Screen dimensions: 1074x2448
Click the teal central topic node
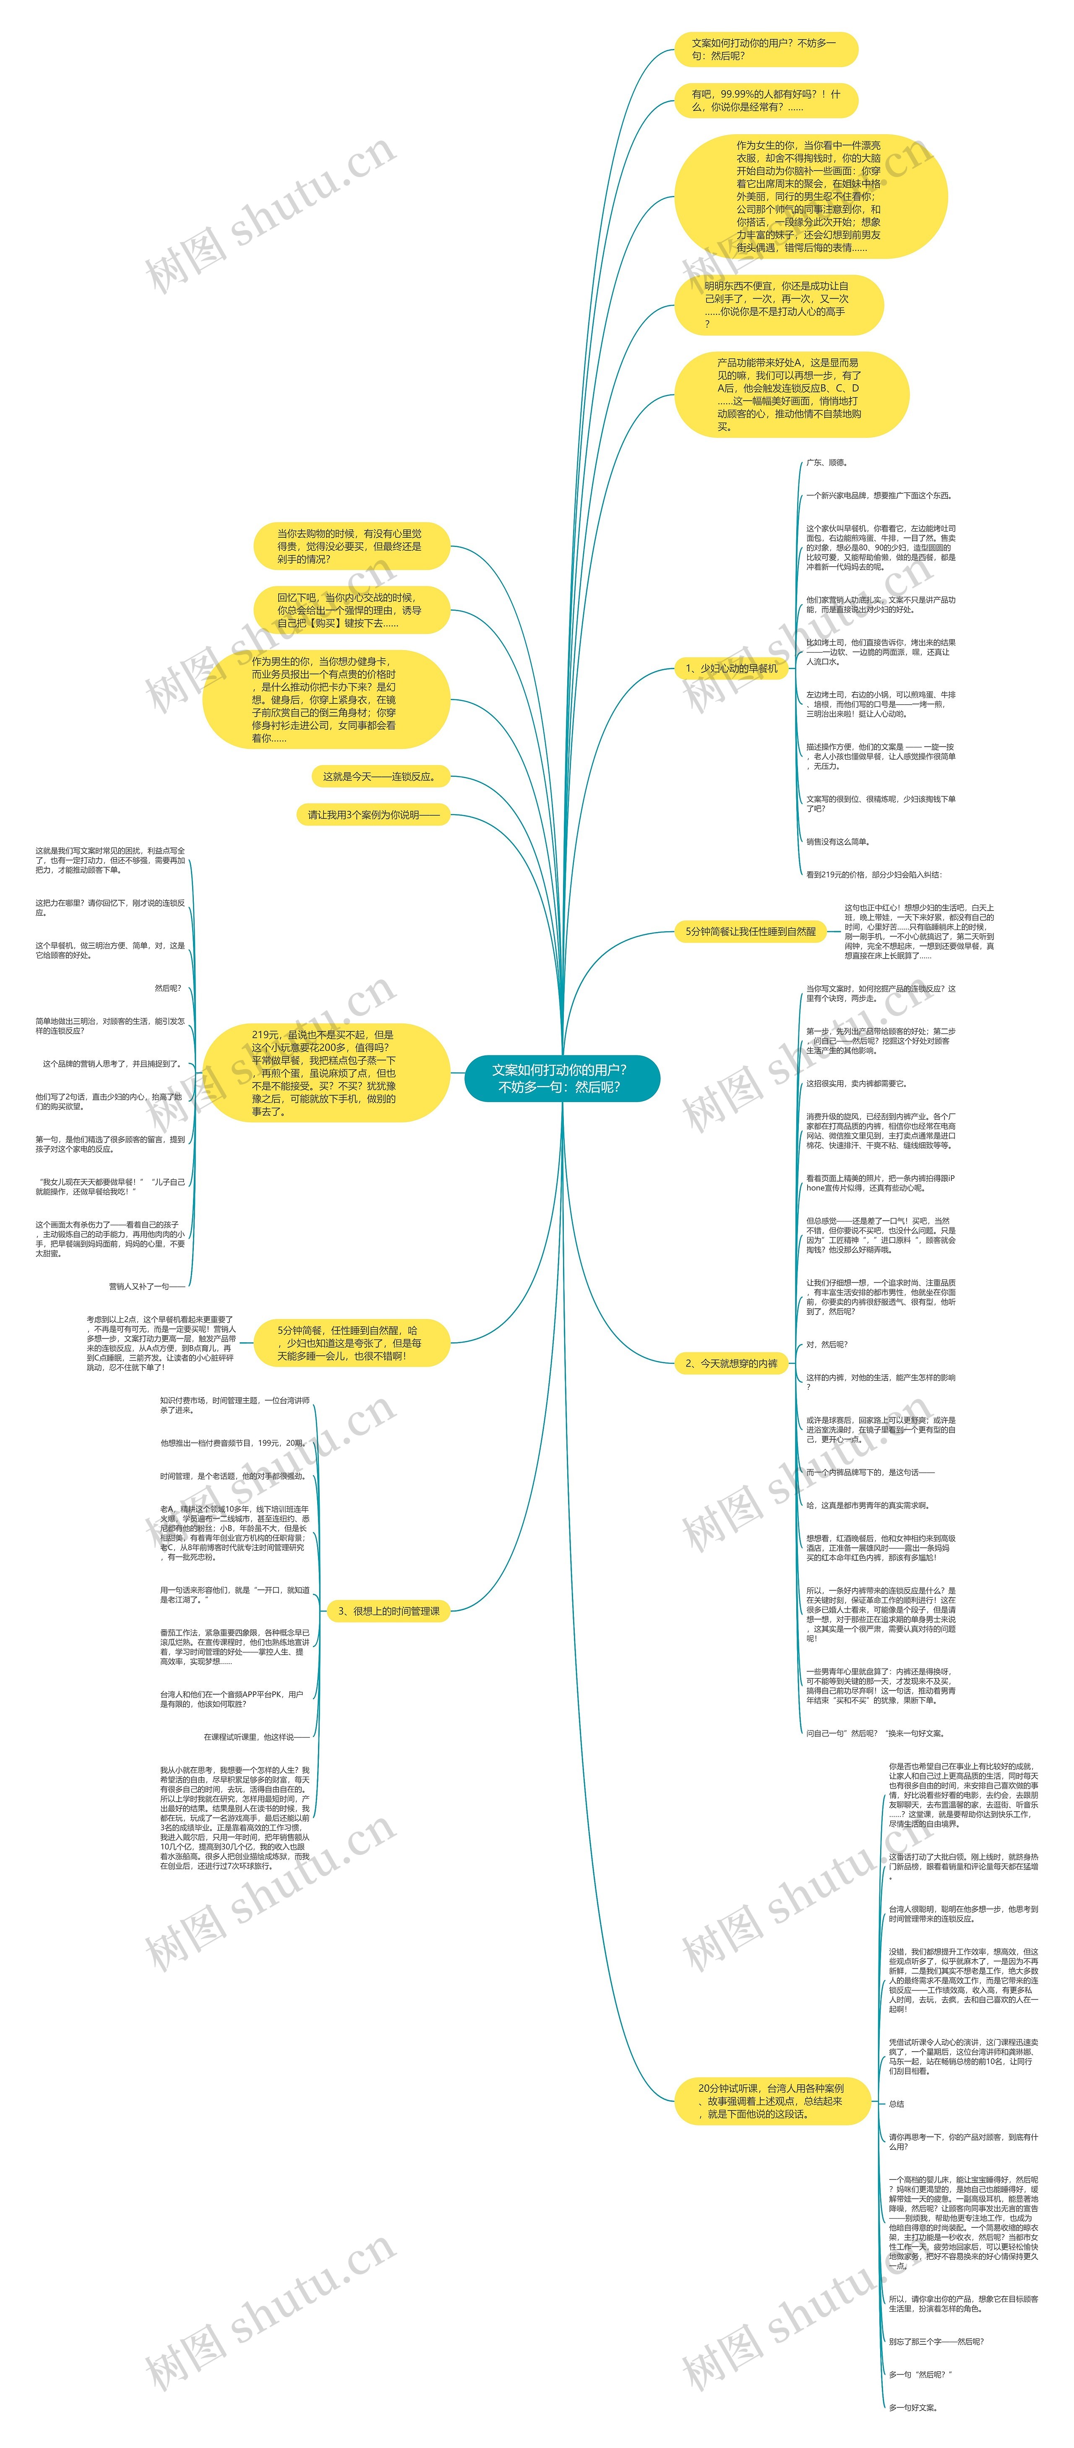pos(561,1078)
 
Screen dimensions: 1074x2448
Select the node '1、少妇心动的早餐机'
pos(731,668)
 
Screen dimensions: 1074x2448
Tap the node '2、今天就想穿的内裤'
pos(731,1363)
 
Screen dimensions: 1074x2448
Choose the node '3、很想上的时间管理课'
pos(389,1611)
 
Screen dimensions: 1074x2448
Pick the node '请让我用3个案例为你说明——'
pos(373,815)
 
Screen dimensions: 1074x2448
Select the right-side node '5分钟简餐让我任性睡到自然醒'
pos(750,931)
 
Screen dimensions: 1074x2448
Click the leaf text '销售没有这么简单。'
pos(837,841)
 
